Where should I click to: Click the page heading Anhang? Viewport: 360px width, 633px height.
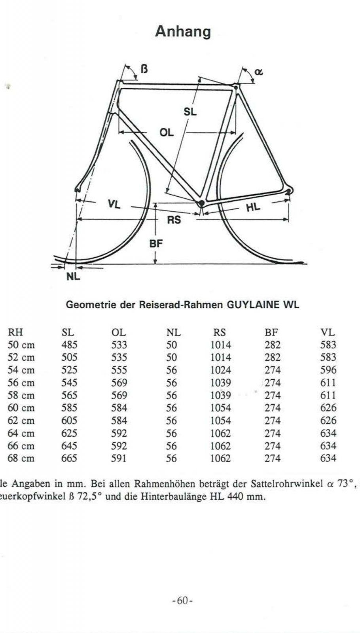(183, 31)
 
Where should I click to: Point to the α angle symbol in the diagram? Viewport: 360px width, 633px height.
(258, 72)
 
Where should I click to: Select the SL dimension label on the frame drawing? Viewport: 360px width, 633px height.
(190, 112)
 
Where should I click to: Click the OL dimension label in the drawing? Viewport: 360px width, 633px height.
(167, 133)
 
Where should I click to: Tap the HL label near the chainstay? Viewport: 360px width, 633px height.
(253, 207)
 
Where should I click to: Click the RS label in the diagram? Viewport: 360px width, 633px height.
(174, 220)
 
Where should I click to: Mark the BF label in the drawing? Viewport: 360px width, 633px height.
(156, 244)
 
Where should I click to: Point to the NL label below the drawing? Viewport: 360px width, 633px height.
(73, 277)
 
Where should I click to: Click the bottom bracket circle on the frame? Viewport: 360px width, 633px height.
(201, 203)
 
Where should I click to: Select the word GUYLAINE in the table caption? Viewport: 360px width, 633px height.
(250, 305)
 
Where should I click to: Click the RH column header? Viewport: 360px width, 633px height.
(15, 332)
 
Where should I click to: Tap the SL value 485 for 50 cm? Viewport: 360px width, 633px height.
(70, 345)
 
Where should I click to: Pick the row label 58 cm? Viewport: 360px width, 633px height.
(21, 395)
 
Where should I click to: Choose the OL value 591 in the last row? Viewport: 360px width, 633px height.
(119, 459)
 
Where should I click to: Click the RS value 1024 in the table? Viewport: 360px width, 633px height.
(220, 370)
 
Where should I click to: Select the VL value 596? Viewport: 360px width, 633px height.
(328, 370)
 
